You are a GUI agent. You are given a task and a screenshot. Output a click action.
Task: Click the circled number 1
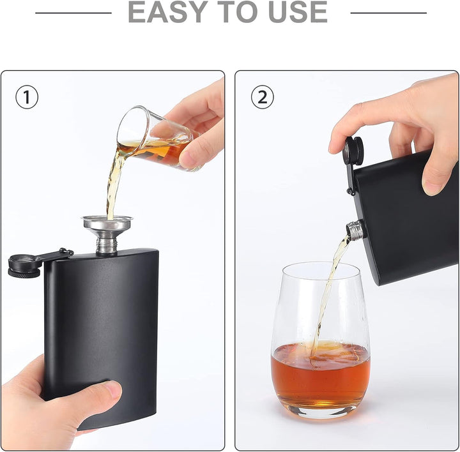(x=27, y=97)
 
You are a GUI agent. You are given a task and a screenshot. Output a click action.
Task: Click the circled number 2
(x=263, y=97)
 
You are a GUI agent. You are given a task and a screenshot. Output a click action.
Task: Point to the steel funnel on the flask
(x=107, y=233)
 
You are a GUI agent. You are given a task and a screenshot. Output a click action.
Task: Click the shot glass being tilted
(x=157, y=138)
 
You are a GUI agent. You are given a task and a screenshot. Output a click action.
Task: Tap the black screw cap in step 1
(x=24, y=266)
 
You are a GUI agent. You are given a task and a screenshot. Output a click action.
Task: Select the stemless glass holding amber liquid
(x=320, y=340)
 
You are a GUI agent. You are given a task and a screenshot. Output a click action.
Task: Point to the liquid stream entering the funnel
(x=114, y=182)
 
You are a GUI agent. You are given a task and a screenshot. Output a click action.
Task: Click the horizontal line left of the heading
(x=73, y=13)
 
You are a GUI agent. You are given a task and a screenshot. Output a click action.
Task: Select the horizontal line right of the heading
(x=388, y=13)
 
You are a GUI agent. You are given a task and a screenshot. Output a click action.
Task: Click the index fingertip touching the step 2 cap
(x=335, y=146)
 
